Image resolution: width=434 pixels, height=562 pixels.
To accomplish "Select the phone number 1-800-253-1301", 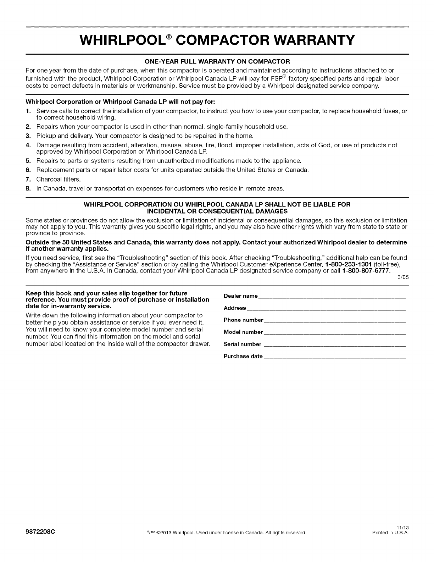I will coord(346,264).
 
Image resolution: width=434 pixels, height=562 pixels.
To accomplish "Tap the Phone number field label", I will coord(243,320).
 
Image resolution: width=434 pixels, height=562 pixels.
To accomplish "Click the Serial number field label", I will coord(243,344).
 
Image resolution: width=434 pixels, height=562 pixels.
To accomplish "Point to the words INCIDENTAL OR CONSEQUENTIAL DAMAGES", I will coord(217,211).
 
